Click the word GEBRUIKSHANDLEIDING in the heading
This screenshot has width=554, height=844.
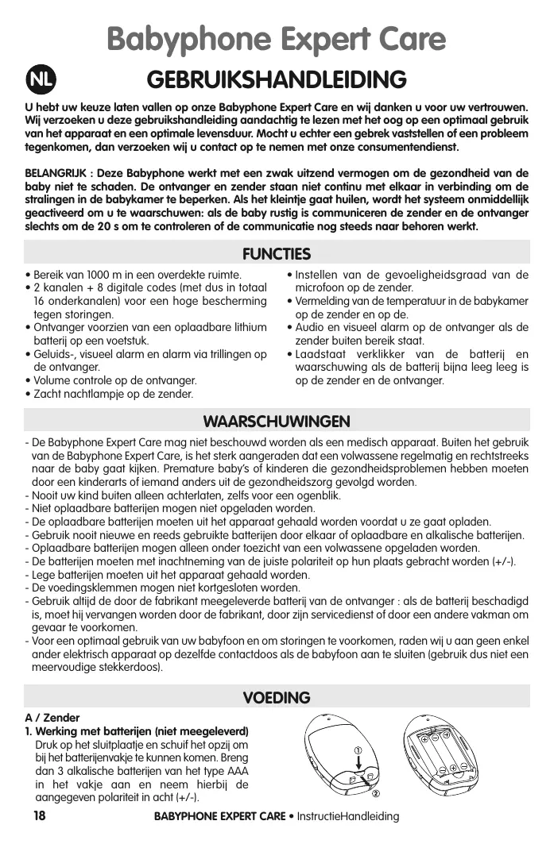[x=277, y=80]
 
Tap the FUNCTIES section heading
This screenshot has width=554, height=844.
[x=277, y=254]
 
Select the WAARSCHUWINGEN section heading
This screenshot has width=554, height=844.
[x=277, y=420]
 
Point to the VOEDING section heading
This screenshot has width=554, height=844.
[x=277, y=697]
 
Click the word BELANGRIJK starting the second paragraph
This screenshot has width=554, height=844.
[x=56, y=173]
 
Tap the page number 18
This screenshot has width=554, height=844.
[x=39, y=816]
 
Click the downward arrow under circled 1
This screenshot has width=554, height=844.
[x=359, y=765]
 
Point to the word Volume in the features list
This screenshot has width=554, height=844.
[x=52, y=380]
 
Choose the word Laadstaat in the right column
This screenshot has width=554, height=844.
[x=322, y=354]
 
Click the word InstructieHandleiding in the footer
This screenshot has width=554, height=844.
[x=347, y=817]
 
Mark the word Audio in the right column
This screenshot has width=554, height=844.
[x=311, y=327]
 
